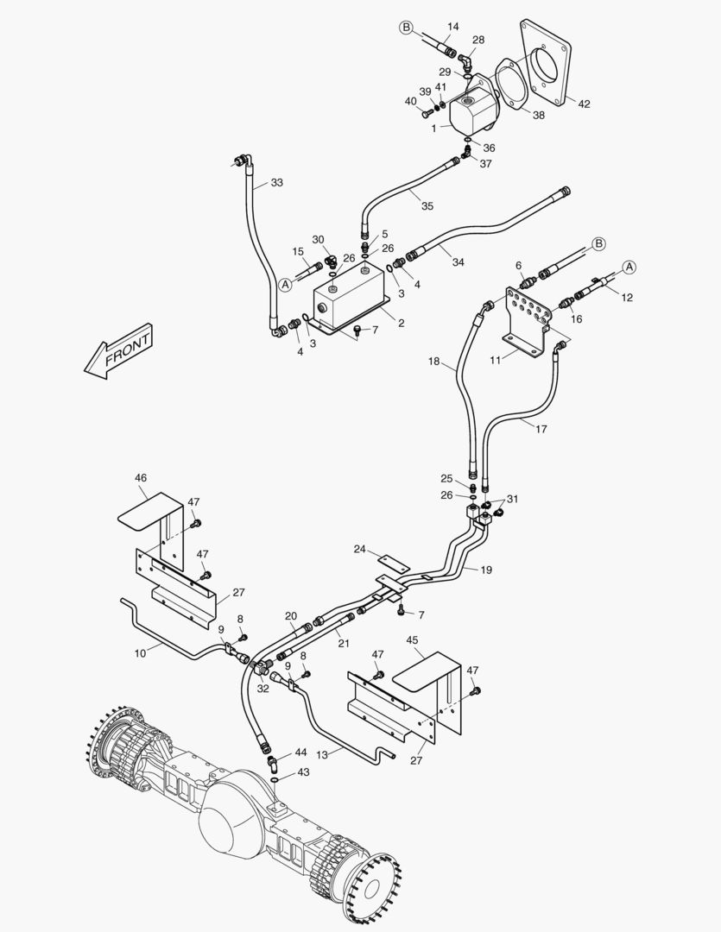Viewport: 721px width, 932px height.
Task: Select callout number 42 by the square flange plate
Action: coord(584,104)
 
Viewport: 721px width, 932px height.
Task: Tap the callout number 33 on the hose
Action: coord(276,183)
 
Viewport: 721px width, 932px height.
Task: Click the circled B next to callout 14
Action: coord(406,28)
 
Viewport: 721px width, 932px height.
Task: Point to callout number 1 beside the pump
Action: coord(433,128)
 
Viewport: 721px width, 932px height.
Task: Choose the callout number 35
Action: coord(427,206)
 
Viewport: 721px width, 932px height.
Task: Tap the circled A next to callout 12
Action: coord(629,267)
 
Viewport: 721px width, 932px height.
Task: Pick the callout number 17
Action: coord(541,429)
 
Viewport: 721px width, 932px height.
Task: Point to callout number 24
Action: coord(359,549)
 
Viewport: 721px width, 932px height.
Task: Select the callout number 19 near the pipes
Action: coord(486,570)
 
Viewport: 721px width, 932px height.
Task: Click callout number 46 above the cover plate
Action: coord(141,477)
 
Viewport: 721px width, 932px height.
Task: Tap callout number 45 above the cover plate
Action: coord(412,640)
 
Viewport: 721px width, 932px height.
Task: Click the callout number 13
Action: coord(322,753)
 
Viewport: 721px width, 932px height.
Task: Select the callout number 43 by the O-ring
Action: coord(302,772)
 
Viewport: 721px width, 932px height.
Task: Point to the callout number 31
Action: coord(513,499)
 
